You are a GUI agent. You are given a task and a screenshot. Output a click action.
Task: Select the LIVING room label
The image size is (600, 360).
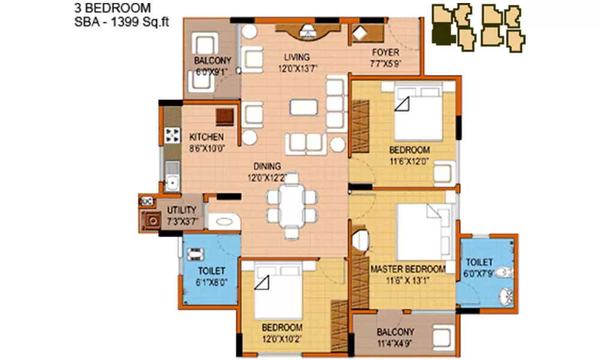[297, 57]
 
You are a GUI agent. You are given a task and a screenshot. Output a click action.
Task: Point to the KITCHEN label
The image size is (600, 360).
[206, 137]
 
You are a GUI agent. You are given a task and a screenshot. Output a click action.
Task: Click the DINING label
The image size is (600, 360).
[267, 167]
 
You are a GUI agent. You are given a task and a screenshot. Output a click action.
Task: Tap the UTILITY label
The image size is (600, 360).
[182, 210]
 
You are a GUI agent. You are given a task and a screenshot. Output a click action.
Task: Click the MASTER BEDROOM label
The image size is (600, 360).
[407, 269]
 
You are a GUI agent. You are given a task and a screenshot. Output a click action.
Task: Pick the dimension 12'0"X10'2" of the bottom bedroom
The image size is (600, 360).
[281, 339]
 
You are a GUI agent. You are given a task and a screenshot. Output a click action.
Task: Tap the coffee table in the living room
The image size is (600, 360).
[305, 107]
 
